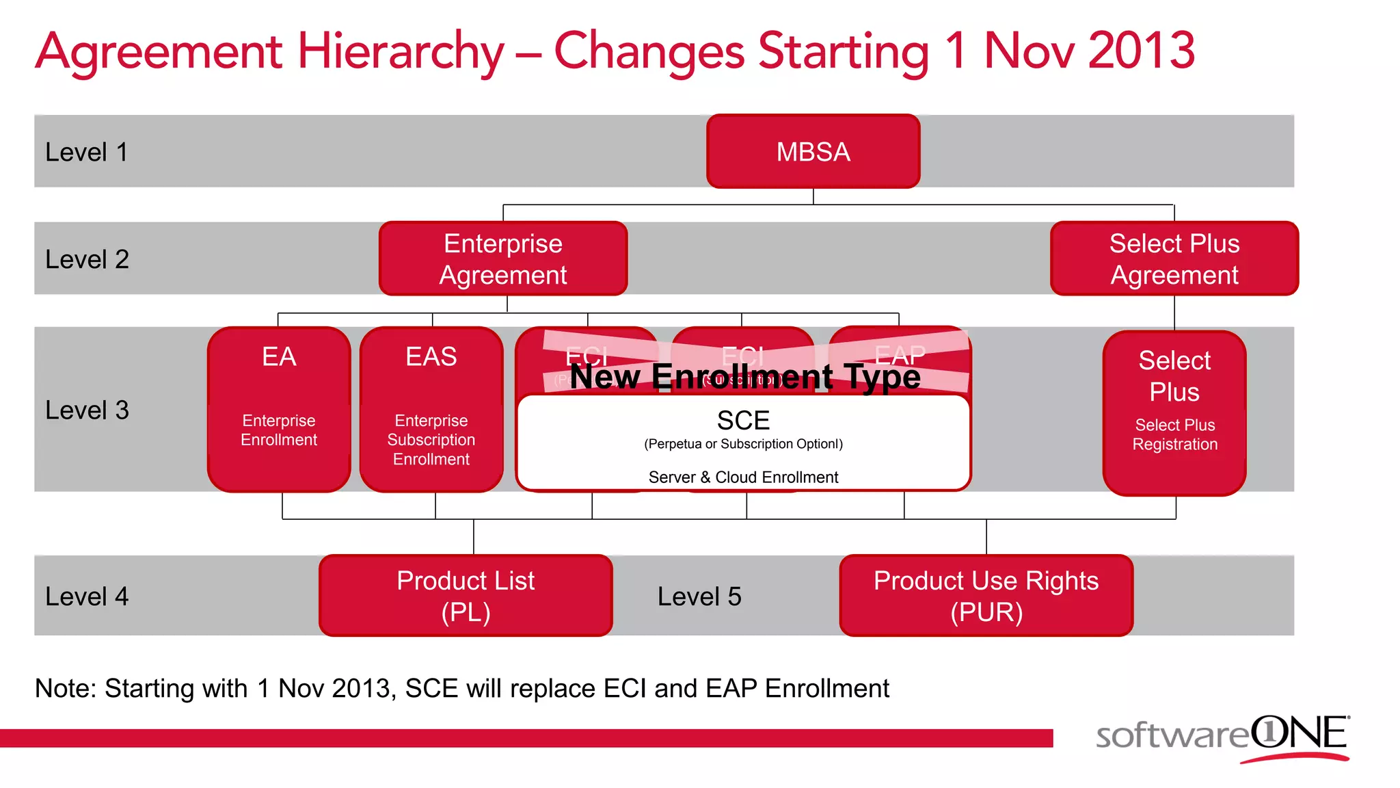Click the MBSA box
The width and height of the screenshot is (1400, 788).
click(x=813, y=151)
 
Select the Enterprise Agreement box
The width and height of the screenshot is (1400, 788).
click(x=503, y=259)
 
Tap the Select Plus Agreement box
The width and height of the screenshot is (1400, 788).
click(x=1174, y=259)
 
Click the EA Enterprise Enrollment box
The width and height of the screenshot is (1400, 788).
click(x=279, y=409)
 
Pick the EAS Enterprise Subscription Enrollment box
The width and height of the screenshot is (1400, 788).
click(x=431, y=409)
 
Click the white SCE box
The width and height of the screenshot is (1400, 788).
click(x=743, y=442)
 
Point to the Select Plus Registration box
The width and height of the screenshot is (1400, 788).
click(x=1174, y=413)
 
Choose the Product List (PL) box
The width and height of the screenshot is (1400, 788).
click(x=466, y=595)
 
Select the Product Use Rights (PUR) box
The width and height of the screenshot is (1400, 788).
click(x=986, y=595)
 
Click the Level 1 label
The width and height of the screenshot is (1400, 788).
click(x=86, y=152)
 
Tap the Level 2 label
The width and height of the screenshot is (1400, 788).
click(x=87, y=259)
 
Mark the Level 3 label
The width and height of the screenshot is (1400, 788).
click(x=87, y=410)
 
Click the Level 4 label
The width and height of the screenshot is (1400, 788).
click(x=87, y=596)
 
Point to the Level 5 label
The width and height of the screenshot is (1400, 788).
click(x=699, y=596)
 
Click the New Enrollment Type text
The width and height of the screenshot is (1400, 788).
click(x=745, y=377)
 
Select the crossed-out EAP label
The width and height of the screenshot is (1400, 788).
click(x=900, y=354)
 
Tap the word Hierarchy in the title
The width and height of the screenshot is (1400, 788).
click(x=401, y=51)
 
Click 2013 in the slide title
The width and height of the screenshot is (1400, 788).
click(x=1142, y=51)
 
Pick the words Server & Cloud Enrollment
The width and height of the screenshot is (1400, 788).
click(x=743, y=477)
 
